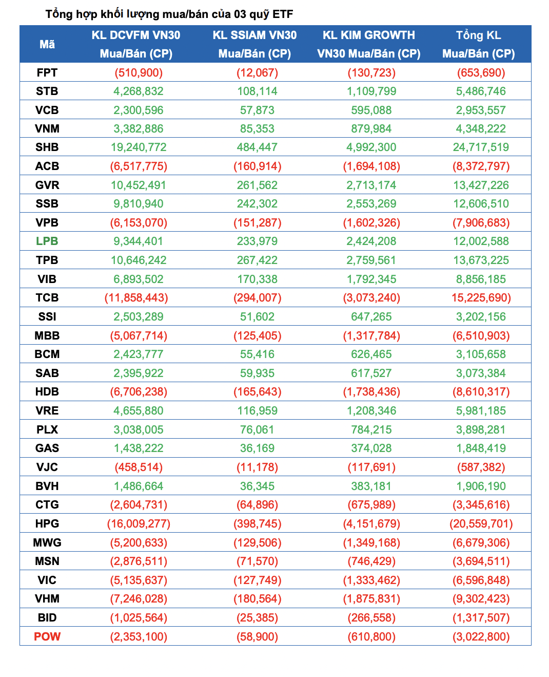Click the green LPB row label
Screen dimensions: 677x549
(47, 241)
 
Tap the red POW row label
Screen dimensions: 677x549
(47, 636)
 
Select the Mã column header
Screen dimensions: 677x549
(47, 44)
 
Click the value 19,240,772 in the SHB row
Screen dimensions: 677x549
(139, 147)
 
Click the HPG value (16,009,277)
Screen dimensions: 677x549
(139, 523)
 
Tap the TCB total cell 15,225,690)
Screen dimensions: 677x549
(481, 297)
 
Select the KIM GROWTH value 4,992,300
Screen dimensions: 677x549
(371, 147)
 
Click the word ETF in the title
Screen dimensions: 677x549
(283, 14)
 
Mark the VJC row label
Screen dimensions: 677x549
(47, 467)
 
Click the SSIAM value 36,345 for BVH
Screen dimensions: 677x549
(257, 486)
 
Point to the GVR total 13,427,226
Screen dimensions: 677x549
(481, 185)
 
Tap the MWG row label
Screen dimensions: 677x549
(47, 542)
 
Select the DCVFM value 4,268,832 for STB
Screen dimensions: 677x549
(139, 91)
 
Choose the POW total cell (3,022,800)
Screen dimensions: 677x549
(481, 636)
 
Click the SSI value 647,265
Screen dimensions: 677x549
(371, 316)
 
